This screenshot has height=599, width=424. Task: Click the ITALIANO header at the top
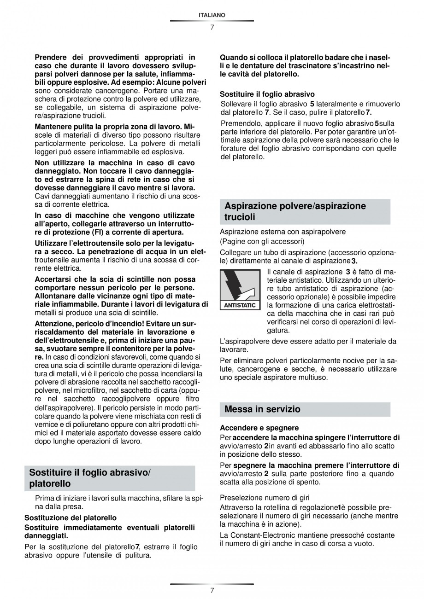212,15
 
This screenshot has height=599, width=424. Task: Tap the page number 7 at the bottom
212,590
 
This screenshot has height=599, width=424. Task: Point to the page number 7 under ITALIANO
212,27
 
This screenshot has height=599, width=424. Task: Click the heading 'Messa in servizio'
262,409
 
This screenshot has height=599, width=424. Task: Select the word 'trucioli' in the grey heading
240,217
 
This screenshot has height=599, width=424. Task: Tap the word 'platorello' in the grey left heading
50,483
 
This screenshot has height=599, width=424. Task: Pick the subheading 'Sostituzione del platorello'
70,518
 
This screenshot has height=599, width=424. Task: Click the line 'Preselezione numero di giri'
265,498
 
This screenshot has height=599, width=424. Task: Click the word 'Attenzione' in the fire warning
54,323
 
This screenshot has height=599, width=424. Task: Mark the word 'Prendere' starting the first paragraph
50,58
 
